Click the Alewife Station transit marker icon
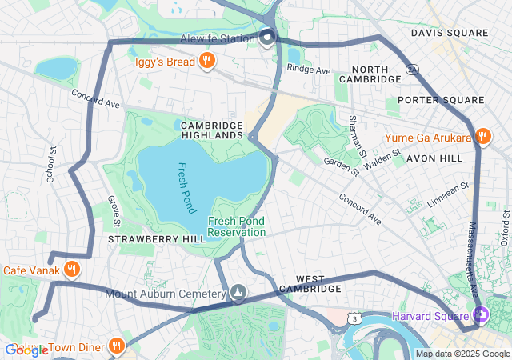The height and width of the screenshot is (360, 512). click(x=267, y=37)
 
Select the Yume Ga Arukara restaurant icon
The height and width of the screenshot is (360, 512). click(x=482, y=137)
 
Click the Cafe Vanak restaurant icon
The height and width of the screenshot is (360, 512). click(x=72, y=270)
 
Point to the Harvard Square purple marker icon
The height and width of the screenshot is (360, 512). click(x=480, y=315)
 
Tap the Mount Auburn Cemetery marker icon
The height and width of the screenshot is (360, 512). click(x=238, y=294)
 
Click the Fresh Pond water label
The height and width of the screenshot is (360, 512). click(x=186, y=189)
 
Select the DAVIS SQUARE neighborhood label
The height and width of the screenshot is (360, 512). click(x=449, y=33)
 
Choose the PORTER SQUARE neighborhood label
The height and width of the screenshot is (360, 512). click(x=441, y=100)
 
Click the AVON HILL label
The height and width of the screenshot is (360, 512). click(x=434, y=158)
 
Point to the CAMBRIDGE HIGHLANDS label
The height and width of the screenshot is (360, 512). click(x=212, y=130)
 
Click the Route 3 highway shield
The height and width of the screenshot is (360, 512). click(x=353, y=319)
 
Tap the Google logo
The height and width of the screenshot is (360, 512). click(x=26, y=350)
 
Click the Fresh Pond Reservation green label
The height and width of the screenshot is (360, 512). click(x=236, y=226)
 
